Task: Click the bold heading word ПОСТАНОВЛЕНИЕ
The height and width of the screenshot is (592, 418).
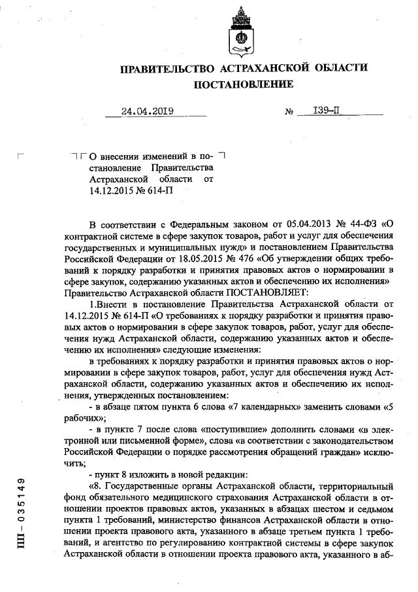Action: [243, 84]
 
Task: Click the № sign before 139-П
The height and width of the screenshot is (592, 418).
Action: [289, 113]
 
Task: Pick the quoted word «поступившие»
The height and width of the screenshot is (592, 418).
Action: [232, 430]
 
